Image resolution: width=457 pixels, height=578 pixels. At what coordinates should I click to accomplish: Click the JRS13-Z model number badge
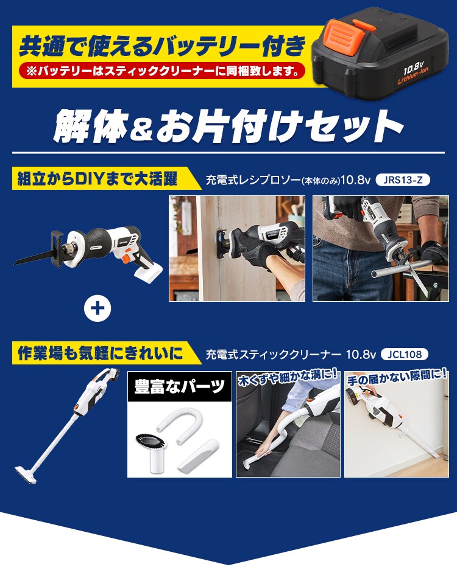tap(403, 179)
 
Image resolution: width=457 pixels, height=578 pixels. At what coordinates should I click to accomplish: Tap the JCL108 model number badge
tap(404, 353)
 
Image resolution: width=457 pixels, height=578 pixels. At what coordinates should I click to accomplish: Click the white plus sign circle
tap(98, 309)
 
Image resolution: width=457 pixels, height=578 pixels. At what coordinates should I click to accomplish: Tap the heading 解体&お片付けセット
tap(228, 125)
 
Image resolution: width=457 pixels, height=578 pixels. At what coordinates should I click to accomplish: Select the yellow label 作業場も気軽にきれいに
tap(97, 353)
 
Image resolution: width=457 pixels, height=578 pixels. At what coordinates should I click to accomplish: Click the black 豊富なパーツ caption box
tap(179, 388)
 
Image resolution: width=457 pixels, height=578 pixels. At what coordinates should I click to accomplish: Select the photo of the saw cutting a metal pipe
tap(380, 248)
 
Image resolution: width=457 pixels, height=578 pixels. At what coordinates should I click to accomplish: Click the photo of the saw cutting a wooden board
tap(237, 248)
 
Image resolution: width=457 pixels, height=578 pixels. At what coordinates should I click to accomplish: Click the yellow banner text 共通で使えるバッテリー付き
tap(161, 46)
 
